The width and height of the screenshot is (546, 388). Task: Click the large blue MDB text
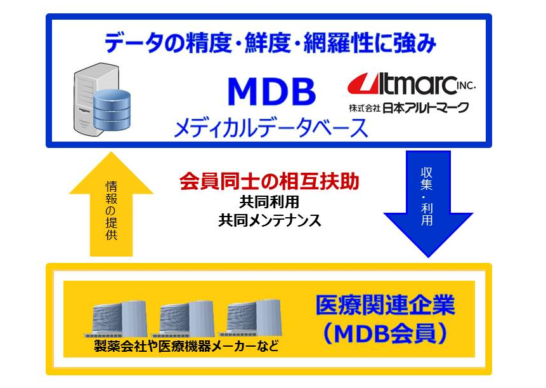pyautogui.click(x=271, y=91)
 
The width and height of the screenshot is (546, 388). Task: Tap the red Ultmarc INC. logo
pyautogui.click(x=411, y=84)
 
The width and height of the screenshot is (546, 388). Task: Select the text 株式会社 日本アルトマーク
pyautogui.click(x=409, y=107)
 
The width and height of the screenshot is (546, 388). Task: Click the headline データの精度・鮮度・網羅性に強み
pyautogui.click(x=270, y=43)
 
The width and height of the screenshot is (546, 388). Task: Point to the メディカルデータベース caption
pyautogui.click(x=271, y=128)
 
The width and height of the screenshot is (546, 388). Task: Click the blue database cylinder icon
pyautogui.click(x=112, y=109)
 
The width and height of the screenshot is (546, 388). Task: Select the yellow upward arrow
pyautogui.click(x=111, y=204)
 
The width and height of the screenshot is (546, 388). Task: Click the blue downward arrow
pyautogui.click(x=428, y=204)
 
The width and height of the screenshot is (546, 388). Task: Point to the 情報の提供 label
pyautogui.click(x=111, y=211)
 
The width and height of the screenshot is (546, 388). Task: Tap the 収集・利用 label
pyautogui.click(x=427, y=197)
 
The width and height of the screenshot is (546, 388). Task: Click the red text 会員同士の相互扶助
pyautogui.click(x=269, y=181)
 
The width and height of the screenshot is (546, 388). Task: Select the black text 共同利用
pyautogui.click(x=269, y=202)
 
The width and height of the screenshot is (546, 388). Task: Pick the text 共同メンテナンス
pyautogui.click(x=270, y=220)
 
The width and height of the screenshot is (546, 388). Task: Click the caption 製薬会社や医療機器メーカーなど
pyautogui.click(x=186, y=346)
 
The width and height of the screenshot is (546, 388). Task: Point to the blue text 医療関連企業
pyautogui.click(x=385, y=305)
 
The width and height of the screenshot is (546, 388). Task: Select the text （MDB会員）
pyautogui.click(x=385, y=333)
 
